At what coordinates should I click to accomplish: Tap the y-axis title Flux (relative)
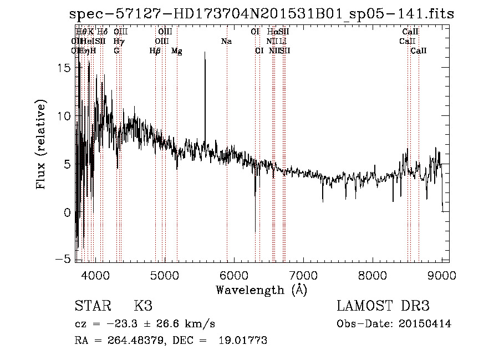[41, 144]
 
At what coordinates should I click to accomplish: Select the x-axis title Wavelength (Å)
[261, 290]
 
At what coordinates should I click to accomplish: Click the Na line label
[226, 42]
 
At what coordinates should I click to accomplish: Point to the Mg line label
[177, 51]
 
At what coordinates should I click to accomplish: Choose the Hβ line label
[155, 51]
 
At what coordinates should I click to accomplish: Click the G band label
[116, 51]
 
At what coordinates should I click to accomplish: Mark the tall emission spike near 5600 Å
[205, 53]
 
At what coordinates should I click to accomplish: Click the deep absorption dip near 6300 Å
[255, 230]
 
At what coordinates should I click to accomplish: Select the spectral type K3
[142, 306]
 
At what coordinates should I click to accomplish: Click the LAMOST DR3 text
[383, 306]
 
